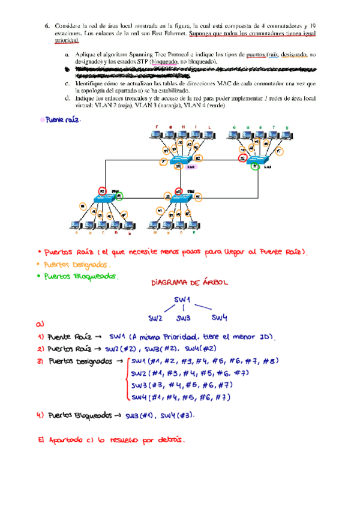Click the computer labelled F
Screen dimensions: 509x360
pyautogui.click(x=157, y=136)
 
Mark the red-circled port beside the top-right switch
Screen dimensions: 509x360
pyautogui.click(x=242, y=158)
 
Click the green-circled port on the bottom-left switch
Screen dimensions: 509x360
pyautogui.click(x=120, y=196)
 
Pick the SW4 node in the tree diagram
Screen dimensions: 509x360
pyautogui.click(x=220, y=317)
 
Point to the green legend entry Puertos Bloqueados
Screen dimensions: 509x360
pyautogui.click(x=77, y=276)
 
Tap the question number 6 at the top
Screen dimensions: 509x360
pyautogui.click(x=47, y=26)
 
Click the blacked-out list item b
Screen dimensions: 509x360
pyautogui.click(x=180, y=73)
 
